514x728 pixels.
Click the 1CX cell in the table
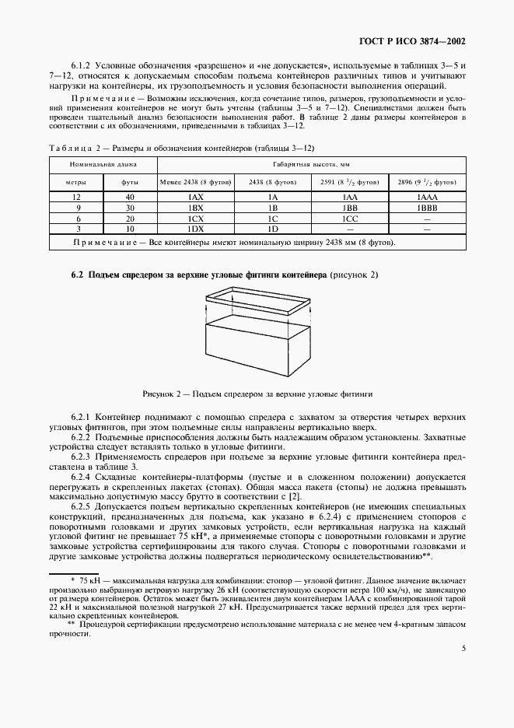(196, 220)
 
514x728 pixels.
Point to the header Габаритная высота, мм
(311, 165)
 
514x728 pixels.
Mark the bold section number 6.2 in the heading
(77, 275)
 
